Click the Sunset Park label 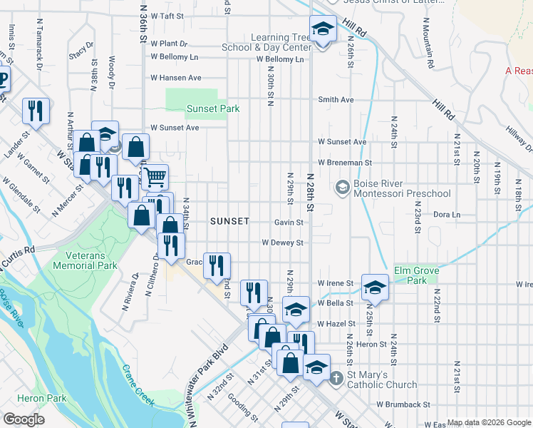[213, 108]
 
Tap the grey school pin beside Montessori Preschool [342, 187]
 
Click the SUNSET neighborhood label [229, 221]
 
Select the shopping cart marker [155, 175]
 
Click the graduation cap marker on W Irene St [374, 287]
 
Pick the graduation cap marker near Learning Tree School [323, 31]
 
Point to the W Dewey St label [283, 243]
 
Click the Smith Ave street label [336, 100]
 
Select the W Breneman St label [346, 163]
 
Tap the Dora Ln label [447, 214]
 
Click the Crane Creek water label [138, 386]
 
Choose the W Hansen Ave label [175, 78]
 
